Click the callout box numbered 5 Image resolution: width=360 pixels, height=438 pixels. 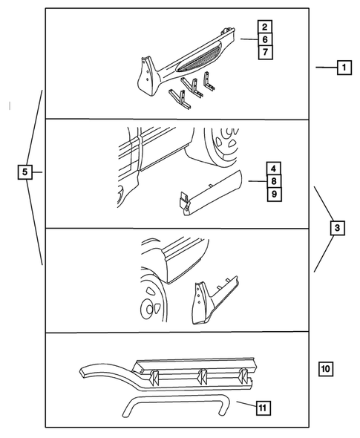point(24,173)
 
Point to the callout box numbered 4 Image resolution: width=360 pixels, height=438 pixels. point(274,168)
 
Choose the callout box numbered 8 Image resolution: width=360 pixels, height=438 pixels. point(274,180)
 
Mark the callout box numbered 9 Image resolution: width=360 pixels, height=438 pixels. point(274,194)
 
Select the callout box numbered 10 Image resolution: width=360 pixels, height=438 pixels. point(327,367)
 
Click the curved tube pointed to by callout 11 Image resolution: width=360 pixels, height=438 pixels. point(171,405)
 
